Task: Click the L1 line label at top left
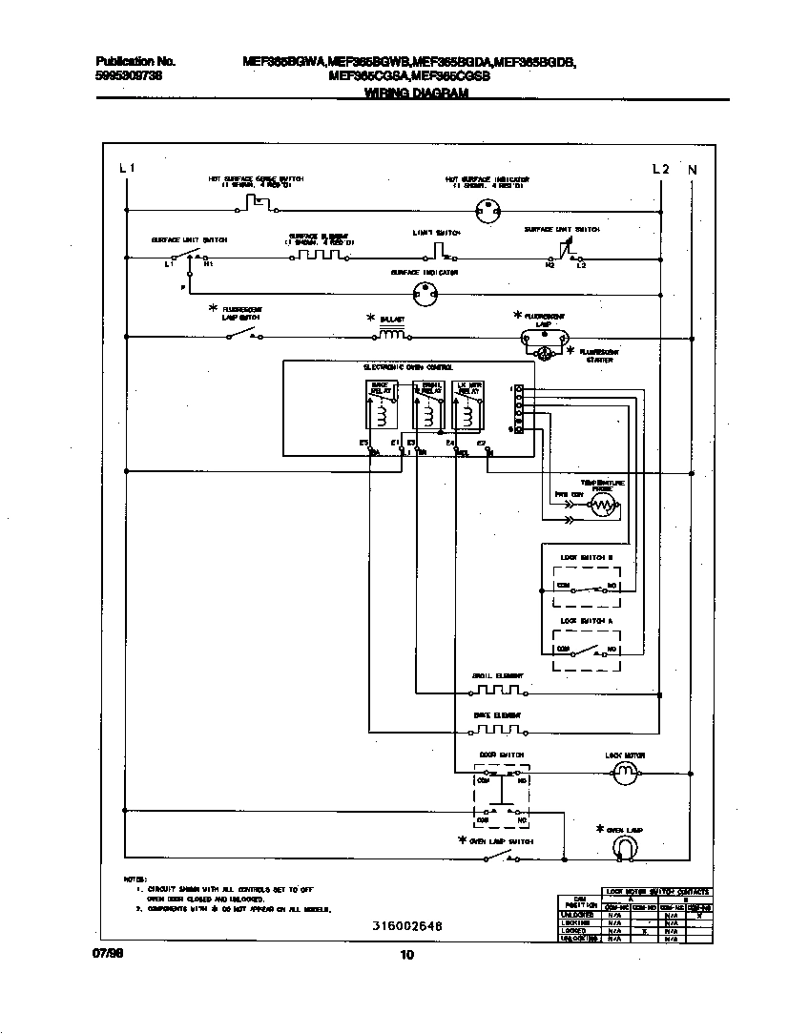pyautogui.click(x=127, y=169)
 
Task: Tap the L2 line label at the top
pyautogui.click(x=660, y=169)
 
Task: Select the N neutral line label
pyautogui.click(x=693, y=170)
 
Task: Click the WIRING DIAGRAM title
pyautogui.click(x=416, y=93)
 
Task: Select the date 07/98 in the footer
pyautogui.click(x=109, y=954)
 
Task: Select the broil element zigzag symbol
pyautogui.click(x=497, y=691)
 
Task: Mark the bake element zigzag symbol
pyautogui.click(x=497, y=730)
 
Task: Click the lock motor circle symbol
pyautogui.click(x=625, y=773)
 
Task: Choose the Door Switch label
pyautogui.click(x=501, y=755)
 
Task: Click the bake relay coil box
pyautogui.click(x=381, y=407)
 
